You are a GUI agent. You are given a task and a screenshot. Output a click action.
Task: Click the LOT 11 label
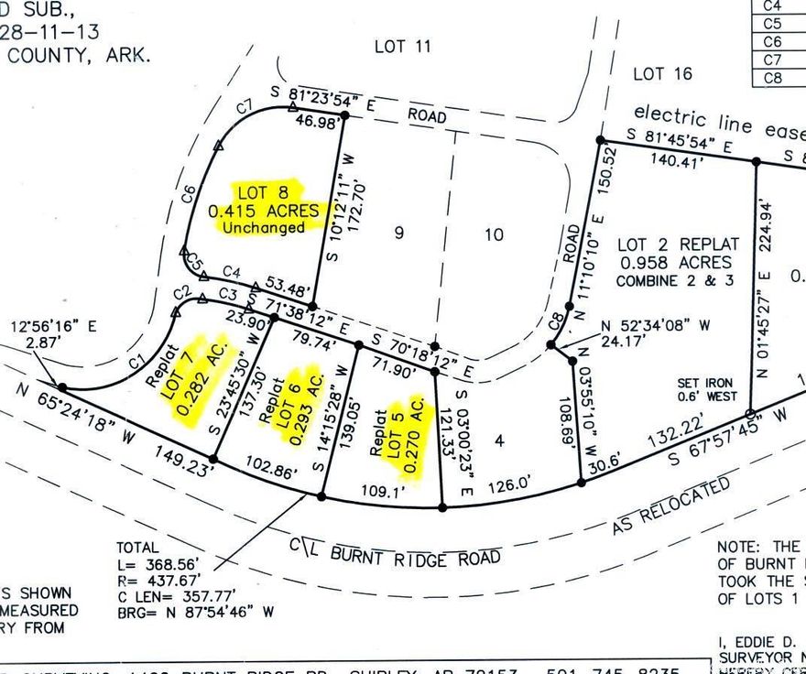402,46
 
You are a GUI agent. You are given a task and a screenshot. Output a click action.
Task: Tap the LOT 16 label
662,73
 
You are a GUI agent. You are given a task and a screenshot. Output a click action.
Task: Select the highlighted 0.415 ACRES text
265,211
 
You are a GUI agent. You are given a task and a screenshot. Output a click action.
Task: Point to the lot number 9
398,233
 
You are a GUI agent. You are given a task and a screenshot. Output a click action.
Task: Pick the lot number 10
494,234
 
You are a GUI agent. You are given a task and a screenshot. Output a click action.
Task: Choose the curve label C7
245,106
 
